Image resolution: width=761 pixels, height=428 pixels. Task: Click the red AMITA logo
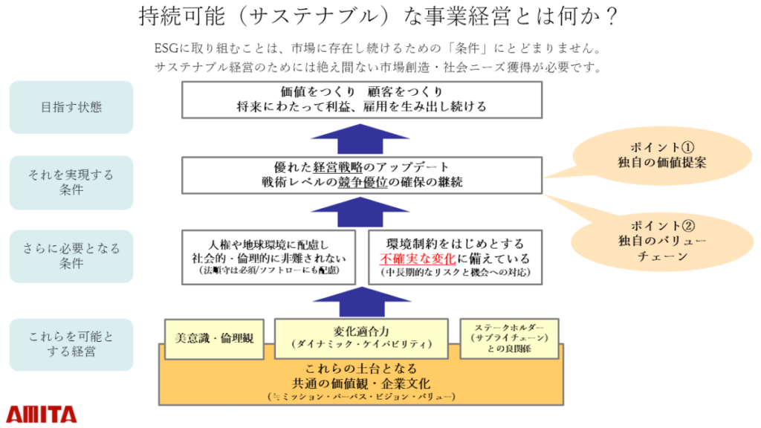[x=42, y=413]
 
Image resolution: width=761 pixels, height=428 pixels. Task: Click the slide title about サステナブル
[x=379, y=16]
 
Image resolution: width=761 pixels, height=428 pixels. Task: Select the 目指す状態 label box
[x=71, y=107]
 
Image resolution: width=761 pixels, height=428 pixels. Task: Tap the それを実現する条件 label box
[x=71, y=182]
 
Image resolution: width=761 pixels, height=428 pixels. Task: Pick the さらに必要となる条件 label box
[x=71, y=256]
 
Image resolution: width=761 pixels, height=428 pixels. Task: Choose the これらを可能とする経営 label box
[x=71, y=344]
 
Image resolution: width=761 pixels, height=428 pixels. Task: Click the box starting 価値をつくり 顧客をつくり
[x=362, y=100]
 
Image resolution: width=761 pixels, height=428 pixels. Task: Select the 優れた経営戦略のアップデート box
[x=362, y=175]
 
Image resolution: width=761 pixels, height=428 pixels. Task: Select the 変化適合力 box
[x=361, y=338]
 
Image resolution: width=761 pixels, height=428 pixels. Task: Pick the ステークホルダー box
[x=509, y=339]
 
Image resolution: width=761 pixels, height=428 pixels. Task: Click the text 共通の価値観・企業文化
[x=361, y=383]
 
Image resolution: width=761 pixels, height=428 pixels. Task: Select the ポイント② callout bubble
[x=651, y=239]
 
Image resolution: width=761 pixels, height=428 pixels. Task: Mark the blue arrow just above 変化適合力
[x=362, y=302]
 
